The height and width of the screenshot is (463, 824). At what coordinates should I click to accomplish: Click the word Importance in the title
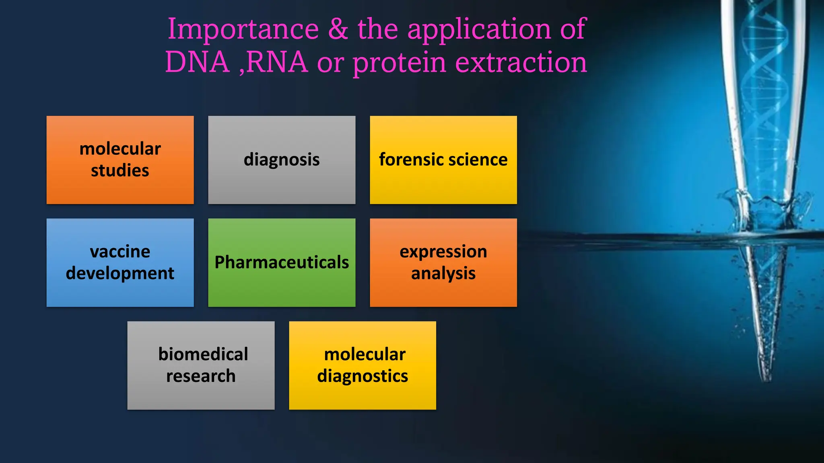tap(243, 29)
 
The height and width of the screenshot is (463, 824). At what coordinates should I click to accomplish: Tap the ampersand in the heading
tap(338, 29)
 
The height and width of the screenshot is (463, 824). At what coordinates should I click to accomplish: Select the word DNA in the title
tap(197, 62)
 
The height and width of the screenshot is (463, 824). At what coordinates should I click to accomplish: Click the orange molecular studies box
tap(120, 160)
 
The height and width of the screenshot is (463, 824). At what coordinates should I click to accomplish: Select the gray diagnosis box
tap(282, 160)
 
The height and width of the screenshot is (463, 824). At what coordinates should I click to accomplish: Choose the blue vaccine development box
tap(120, 262)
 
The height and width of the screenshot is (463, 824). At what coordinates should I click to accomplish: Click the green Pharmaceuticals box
tap(282, 262)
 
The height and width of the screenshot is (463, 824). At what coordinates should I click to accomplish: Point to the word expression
tap(443, 252)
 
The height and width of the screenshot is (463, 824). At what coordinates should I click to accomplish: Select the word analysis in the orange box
tap(443, 274)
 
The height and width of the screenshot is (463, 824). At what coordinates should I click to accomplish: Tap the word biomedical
tap(203, 354)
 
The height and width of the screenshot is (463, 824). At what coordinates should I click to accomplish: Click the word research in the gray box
tap(201, 376)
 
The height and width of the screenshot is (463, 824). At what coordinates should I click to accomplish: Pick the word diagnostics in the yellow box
tap(362, 376)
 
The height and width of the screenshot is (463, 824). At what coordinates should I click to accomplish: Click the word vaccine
tap(120, 252)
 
